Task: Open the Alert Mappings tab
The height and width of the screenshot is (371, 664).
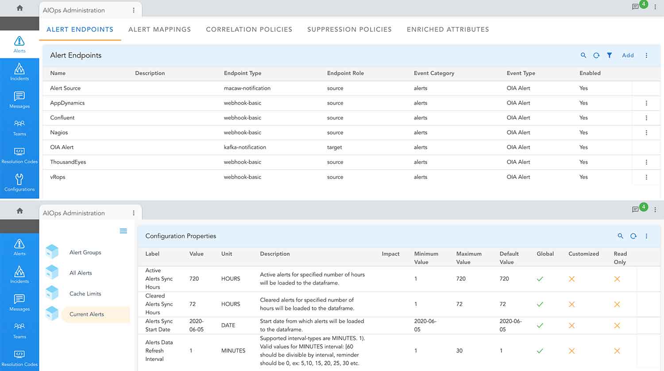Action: [x=159, y=30]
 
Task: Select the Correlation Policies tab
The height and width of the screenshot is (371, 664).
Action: [x=249, y=30]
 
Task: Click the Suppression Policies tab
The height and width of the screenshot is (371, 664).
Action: [x=349, y=30]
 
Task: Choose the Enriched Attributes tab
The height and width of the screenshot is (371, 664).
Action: [x=448, y=30]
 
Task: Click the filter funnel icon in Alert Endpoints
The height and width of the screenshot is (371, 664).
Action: [x=610, y=55]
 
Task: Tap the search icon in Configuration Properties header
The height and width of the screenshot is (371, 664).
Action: [x=620, y=236]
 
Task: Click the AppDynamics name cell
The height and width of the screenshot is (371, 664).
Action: [x=67, y=103]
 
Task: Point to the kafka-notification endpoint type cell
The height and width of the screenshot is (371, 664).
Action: [x=245, y=147]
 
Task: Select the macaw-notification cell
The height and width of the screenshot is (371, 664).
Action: [x=247, y=88]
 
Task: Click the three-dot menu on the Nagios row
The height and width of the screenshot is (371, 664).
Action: [x=646, y=132]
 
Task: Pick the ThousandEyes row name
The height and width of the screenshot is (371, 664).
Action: [x=68, y=162]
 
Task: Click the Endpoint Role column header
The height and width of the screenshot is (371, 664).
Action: [x=345, y=73]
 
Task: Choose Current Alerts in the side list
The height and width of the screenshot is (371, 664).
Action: [x=87, y=314]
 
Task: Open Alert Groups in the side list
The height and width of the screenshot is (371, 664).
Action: [x=85, y=252]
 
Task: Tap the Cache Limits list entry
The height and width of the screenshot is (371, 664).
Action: [x=85, y=294]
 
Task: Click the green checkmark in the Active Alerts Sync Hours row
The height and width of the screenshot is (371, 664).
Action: [x=540, y=279]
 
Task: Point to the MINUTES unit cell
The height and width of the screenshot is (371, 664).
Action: [x=233, y=351]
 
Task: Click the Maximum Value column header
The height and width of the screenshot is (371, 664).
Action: [x=468, y=258]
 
